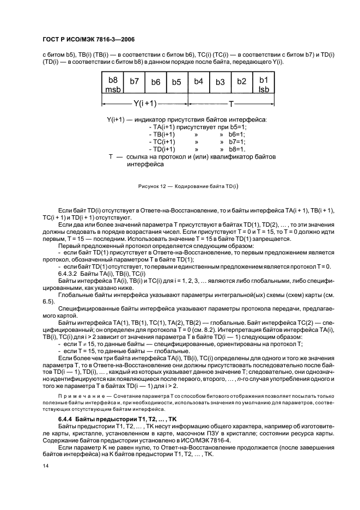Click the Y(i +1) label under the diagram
(x=145, y=103)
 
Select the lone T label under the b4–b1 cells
(x=230, y=103)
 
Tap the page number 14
(x=46, y=466)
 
